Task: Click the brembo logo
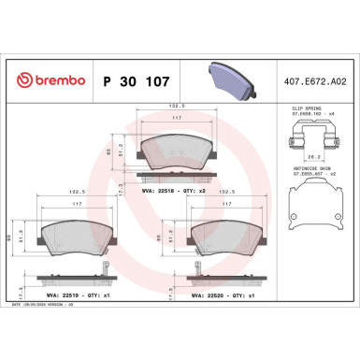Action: coord(46,81)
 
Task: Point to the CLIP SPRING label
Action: coord(298,109)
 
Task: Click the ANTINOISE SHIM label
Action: coord(301,168)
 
